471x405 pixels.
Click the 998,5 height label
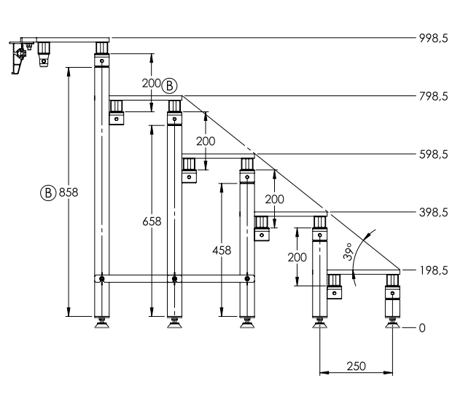[x=434, y=39]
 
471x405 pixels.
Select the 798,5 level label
[x=434, y=96]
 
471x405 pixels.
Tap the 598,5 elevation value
[x=434, y=154]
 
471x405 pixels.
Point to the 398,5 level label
[x=434, y=213]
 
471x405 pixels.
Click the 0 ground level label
[x=422, y=329]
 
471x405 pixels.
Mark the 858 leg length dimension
[x=69, y=192]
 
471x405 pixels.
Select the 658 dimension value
[x=152, y=221]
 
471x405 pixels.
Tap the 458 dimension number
[x=222, y=250]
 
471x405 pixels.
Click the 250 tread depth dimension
[x=357, y=366]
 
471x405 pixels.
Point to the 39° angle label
[x=348, y=251]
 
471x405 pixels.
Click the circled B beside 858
[x=48, y=192]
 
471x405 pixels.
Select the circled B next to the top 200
[x=169, y=86]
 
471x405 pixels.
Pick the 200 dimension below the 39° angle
[x=297, y=257]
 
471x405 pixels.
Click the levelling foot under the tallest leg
[x=101, y=323]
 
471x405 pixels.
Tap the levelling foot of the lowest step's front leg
[x=392, y=323]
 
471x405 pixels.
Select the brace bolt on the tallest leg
[x=102, y=279]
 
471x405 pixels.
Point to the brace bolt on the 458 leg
[x=247, y=279]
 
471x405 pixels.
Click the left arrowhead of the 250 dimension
[x=324, y=373]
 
